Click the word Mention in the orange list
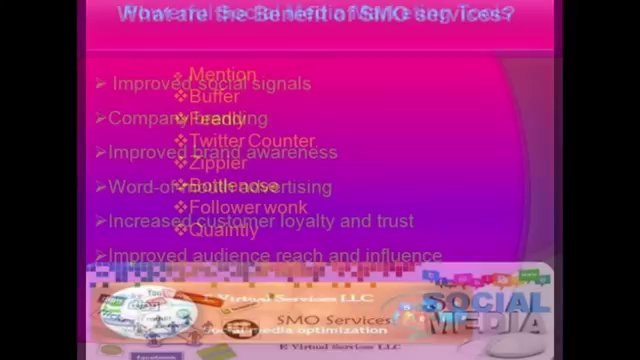click(x=222, y=75)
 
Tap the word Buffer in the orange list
click(x=214, y=97)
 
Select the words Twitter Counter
click(x=252, y=141)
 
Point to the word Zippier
click(x=217, y=163)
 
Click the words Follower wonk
click(x=248, y=208)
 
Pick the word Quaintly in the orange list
click(x=223, y=230)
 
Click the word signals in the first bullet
click(x=283, y=84)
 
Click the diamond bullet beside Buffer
click(x=181, y=97)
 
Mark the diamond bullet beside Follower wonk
click(x=181, y=208)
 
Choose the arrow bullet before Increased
click(x=101, y=221)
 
